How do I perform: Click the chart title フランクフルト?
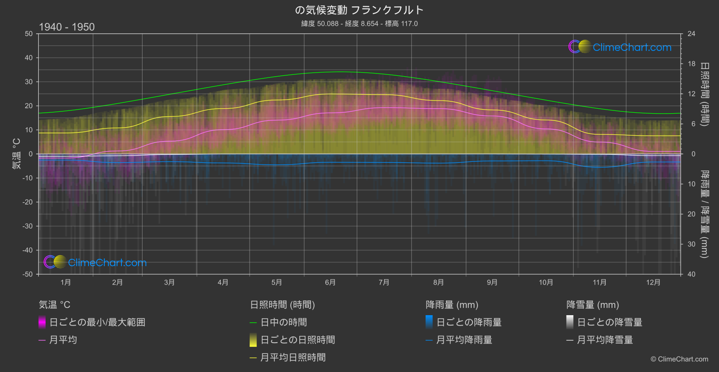click(x=359, y=10)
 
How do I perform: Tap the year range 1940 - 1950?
click(x=67, y=27)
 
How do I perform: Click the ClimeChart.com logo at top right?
click(x=620, y=47)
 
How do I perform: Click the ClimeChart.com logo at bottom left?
click(x=95, y=262)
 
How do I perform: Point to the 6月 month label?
click(x=330, y=282)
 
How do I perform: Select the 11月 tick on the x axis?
click(x=599, y=282)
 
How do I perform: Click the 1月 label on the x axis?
click(x=66, y=282)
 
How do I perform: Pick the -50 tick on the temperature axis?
click(x=28, y=274)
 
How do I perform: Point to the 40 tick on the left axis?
click(x=29, y=58)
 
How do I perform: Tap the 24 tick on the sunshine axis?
click(x=691, y=34)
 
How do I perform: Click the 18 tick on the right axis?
click(x=691, y=64)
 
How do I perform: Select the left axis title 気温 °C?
click(x=16, y=154)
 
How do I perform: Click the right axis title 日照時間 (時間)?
click(x=704, y=94)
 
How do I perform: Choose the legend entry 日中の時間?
click(x=283, y=322)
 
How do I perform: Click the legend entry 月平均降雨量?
click(x=464, y=340)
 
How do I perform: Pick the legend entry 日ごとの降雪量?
click(x=609, y=322)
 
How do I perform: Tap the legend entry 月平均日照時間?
click(x=293, y=358)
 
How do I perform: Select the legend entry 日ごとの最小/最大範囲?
click(x=97, y=322)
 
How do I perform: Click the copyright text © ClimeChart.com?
click(x=679, y=359)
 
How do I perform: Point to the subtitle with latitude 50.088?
click(x=359, y=23)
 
